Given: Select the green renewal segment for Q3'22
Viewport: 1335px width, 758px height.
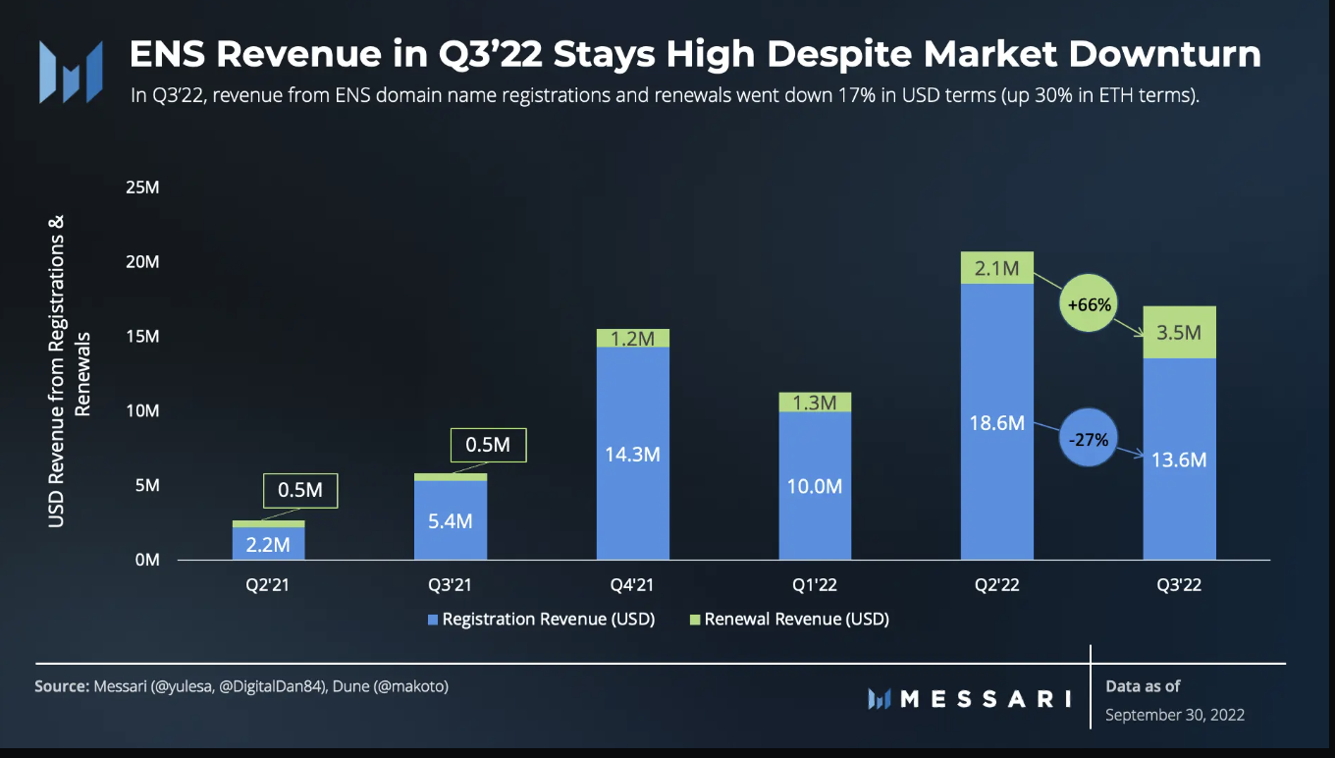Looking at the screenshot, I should (x=1179, y=333).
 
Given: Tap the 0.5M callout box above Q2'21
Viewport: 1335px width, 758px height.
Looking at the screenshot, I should (x=299, y=490).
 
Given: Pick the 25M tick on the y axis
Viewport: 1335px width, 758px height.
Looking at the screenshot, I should (x=143, y=188).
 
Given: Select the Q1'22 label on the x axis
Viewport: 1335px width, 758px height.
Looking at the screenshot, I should (x=815, y=585).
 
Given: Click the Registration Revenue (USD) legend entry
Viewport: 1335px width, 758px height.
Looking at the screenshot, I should (x=540, y=620).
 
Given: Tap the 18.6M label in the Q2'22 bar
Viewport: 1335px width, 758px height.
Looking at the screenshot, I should (x=996, y=423).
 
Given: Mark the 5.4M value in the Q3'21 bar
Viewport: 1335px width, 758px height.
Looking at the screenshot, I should (x=450, y=520).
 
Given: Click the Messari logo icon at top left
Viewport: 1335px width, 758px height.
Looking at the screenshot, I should (x=71, y=73).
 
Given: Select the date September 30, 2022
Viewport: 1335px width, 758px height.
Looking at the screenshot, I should (x=1175, y=715).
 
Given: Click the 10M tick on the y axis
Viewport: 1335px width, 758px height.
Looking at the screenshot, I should (x=143, y=410).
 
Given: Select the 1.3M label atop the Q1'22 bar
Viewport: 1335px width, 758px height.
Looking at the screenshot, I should (x=815, y=403).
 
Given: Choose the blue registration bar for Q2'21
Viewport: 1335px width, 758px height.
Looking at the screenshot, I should (x=268, y=544).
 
